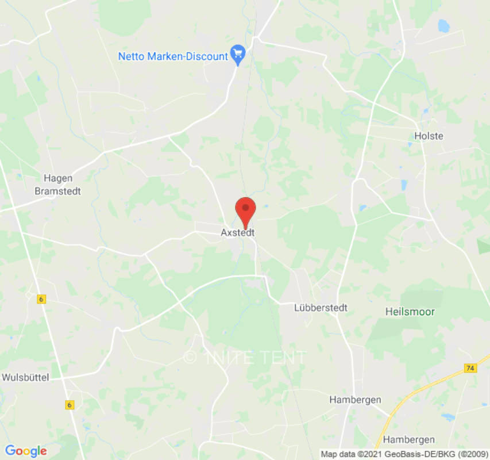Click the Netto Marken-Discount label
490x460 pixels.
173,56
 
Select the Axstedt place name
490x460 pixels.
237,233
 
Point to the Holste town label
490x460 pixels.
429,136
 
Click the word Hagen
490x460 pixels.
57,178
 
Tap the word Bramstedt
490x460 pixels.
57,191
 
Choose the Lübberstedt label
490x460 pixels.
321,308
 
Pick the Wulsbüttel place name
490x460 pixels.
26,378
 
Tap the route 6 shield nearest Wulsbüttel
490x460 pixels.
70,405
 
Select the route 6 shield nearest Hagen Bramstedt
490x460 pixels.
41,299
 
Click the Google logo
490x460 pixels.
25,451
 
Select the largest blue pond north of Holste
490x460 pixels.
443,26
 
